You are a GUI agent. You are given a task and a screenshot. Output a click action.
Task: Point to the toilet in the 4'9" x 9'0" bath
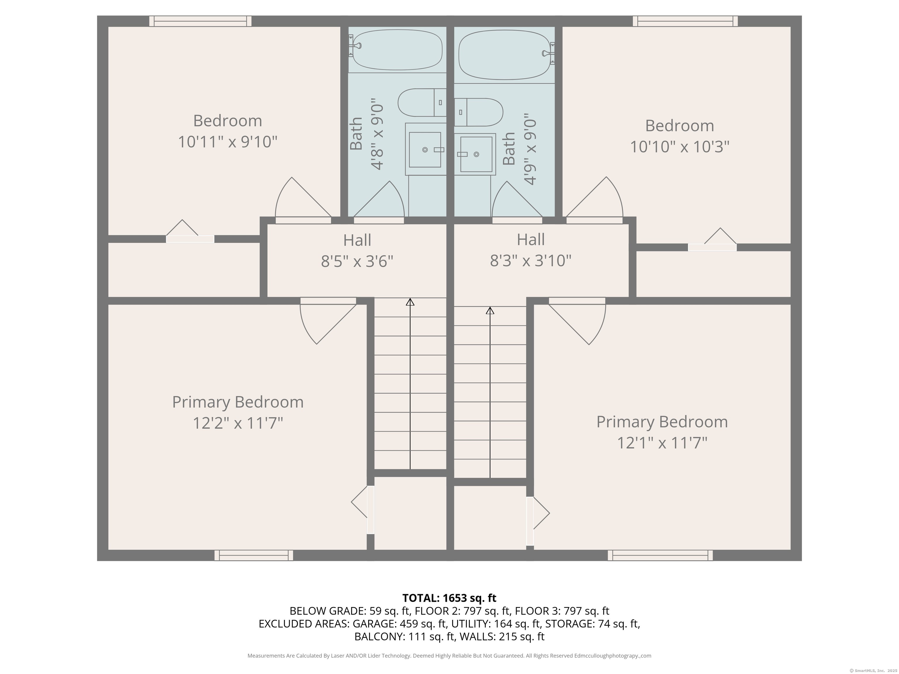click(478, 112)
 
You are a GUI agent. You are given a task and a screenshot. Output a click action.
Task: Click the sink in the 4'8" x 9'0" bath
click(426, 149)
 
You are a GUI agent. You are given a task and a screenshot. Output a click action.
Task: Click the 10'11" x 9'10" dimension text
click(228, 142)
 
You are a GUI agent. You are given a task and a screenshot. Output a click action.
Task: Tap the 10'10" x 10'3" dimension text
click(680, 146)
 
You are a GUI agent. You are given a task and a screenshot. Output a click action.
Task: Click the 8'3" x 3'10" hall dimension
click(530, 260)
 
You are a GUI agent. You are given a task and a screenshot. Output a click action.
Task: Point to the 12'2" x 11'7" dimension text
click(237, 423)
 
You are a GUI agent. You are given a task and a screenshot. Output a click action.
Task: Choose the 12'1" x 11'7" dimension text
click(662, 442)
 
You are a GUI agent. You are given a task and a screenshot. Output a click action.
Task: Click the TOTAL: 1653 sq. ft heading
click(449, 598)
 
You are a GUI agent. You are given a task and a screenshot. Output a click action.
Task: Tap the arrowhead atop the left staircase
click(410, 302)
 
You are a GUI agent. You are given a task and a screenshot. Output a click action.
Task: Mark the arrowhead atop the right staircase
click(490, 310)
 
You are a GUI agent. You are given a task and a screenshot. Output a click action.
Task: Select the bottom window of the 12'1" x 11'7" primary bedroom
click(660, 555)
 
